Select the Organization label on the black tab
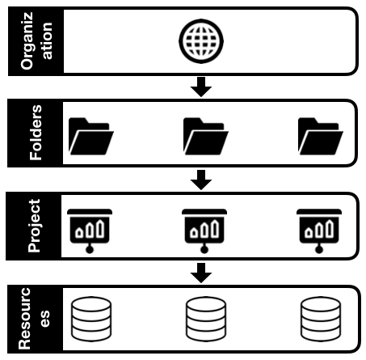[33, 40]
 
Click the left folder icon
[90, 135]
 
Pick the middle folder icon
[204, 135]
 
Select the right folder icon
[318, 135]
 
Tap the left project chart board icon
[90, 227]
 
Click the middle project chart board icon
[204, 227]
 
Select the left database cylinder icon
[90, 320]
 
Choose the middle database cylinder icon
[204, 320]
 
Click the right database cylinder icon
[318, 320]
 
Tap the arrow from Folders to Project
[204, 178]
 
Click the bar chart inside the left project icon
[90, 228]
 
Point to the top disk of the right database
[318, 307]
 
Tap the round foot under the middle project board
[204, 249]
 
